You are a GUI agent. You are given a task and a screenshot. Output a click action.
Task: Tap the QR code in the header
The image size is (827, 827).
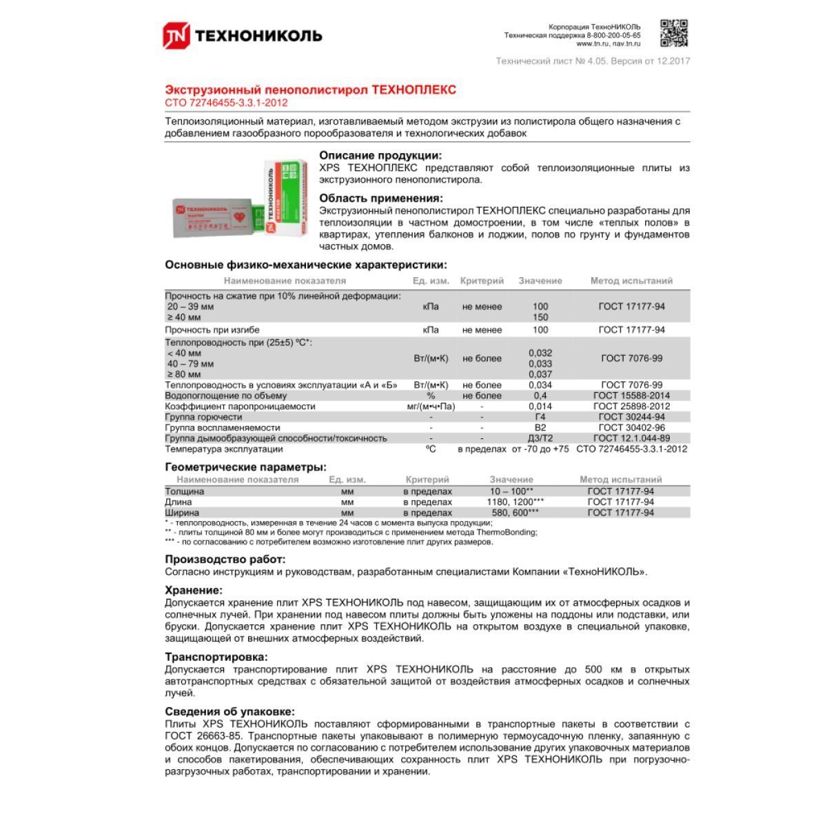coord(675,33)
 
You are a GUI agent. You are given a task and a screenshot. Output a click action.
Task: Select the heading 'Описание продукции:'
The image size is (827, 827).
coord(380,156)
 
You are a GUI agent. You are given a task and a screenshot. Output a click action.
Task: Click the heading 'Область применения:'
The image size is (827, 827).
coord(381,198)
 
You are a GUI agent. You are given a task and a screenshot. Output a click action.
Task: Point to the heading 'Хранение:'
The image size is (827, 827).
coord(194,591)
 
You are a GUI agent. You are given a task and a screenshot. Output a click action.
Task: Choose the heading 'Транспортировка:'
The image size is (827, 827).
coord(216,657)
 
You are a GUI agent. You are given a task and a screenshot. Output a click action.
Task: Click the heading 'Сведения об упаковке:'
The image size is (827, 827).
coord(229,712)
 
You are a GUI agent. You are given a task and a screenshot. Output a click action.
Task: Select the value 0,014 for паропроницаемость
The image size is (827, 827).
coord(540,407)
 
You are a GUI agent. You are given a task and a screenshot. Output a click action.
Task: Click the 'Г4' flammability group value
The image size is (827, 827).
coord(540,417)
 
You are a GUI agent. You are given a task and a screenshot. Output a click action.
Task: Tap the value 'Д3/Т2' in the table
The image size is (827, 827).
coord(540,438)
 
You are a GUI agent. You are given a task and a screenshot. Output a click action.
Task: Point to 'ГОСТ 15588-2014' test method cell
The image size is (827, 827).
coord(631,396)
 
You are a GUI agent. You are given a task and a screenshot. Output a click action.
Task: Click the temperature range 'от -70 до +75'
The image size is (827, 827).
coord(540,449)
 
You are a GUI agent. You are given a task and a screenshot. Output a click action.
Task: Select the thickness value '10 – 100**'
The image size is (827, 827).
coord(511,491)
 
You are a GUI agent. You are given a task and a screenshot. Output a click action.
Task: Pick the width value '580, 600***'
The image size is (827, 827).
coord(511,513)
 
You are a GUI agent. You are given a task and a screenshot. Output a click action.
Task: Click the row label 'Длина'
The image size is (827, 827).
coord(178,502)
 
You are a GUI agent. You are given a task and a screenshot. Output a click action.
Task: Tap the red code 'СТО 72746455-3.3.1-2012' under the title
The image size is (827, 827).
coord(226,103)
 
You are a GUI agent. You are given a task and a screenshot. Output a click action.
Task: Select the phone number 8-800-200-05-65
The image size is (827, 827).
coord(613,35)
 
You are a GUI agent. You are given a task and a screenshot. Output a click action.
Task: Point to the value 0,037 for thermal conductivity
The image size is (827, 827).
coord(540,374)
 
